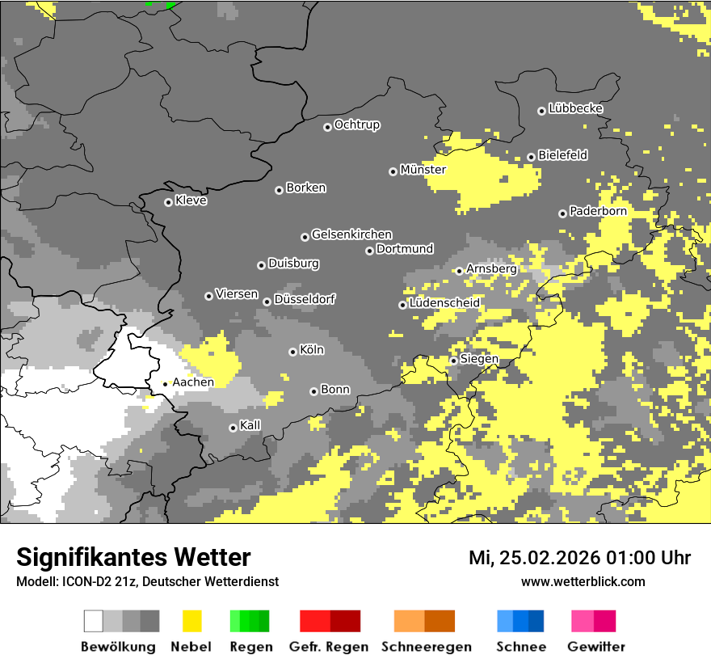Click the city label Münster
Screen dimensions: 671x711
point(423,170)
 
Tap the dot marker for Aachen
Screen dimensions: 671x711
point(165,384)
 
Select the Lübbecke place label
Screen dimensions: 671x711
point(575,108)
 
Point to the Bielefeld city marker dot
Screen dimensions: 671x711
point(531,157)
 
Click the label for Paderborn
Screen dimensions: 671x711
point(598,211)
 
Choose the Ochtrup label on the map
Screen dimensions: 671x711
point(356,124)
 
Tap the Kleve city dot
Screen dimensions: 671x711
point(168,202)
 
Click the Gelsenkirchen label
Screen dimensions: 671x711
point(351,234)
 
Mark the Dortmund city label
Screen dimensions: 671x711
point(405,249)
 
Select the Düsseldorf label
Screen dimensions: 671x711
point(305,299)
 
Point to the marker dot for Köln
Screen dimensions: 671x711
point(292,352)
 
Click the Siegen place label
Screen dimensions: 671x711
point(479,359)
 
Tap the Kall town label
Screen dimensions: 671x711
point(250,424)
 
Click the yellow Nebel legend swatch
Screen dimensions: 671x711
point(191,621)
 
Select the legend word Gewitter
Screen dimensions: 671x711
point(596,647)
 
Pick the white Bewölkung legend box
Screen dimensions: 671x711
point(94,621)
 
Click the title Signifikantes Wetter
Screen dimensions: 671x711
point(133,557)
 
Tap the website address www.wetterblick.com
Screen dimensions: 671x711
point(583,581)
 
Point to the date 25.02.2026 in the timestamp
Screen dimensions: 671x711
point(547,558)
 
